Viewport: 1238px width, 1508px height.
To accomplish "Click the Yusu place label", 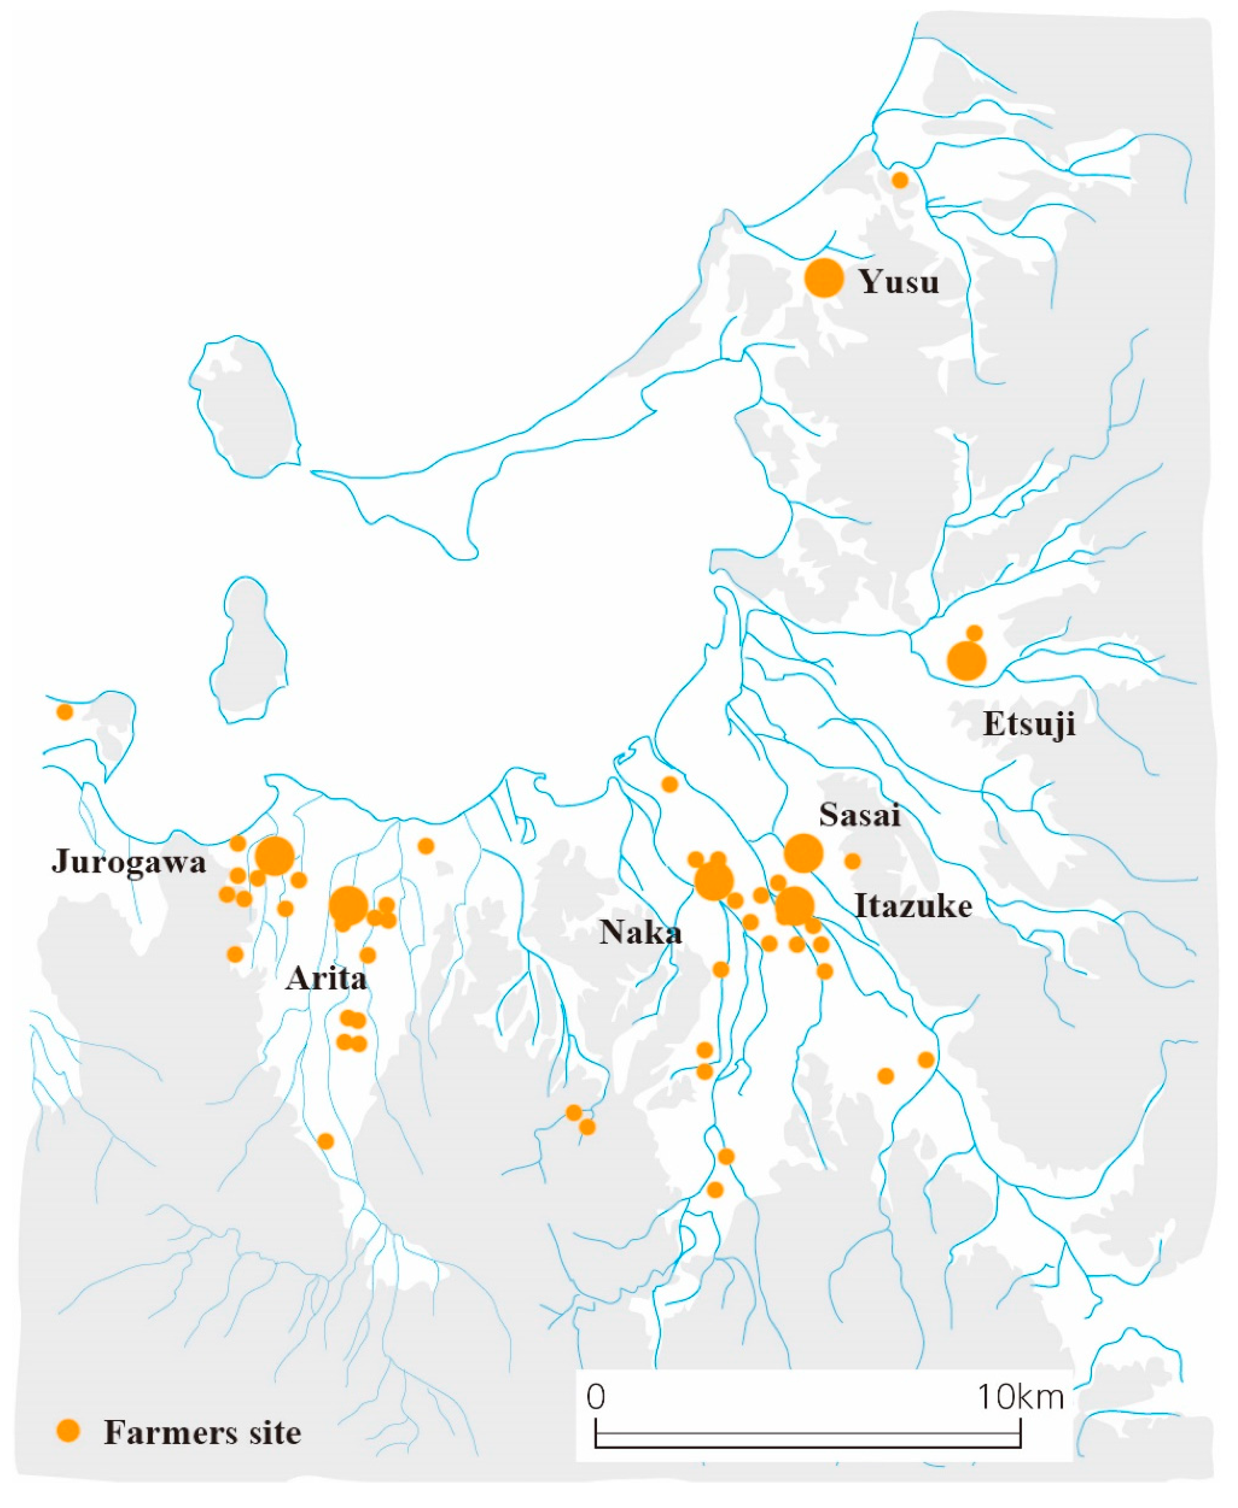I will (899, 282).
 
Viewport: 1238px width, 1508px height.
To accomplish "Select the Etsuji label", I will (1028, 724).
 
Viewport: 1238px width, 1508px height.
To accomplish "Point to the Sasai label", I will (859, 814).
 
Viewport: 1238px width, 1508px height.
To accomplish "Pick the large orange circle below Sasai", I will (803, 853).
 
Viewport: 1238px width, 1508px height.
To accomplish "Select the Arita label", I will (326, 979).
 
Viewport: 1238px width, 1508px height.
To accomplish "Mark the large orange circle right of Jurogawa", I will (275, 856).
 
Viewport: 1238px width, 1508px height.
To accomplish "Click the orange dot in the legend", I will (69, 1430).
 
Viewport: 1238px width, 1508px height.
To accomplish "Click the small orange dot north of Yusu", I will (900, 180).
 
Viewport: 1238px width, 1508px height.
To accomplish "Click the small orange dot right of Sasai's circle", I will (852, 861).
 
